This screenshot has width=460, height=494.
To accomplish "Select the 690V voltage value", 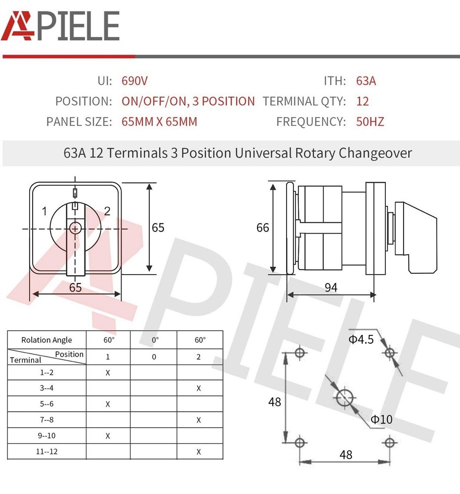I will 134,81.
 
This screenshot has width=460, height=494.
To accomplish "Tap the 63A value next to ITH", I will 366,81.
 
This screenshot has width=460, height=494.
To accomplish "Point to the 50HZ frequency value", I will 370,122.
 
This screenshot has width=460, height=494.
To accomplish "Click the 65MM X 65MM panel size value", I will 159,122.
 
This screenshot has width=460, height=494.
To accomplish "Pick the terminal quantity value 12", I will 362,101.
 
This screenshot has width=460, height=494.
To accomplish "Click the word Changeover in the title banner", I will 375,153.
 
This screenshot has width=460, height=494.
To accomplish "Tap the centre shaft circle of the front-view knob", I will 75,228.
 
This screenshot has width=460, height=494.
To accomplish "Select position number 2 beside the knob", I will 107,211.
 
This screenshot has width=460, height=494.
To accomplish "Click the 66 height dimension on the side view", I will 263,227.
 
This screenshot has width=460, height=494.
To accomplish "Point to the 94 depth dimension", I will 331,287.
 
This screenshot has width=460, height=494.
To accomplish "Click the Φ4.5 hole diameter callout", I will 361,339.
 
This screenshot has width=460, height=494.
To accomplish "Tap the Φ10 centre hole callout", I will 381,419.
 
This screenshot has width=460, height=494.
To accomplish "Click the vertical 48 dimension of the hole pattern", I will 275,402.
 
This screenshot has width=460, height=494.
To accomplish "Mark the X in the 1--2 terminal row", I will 108,372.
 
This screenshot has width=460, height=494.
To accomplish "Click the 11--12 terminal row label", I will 46,452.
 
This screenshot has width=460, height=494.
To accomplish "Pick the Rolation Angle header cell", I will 46,340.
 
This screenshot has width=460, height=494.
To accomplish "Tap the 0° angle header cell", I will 155,340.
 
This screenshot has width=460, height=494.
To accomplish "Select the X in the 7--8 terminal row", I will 199,420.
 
